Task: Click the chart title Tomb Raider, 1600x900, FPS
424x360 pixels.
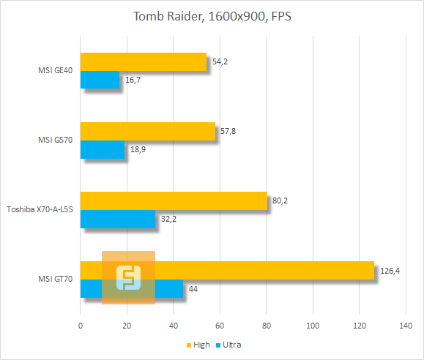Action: pos(212,16)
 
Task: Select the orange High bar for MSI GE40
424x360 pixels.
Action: pos(144,61)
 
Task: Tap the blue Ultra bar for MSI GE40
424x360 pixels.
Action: pos(100,79)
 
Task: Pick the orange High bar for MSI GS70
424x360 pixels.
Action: pos(147,131)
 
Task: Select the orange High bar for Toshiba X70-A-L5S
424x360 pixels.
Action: pos(174,200)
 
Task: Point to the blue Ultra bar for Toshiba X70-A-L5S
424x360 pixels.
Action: pos(118,218)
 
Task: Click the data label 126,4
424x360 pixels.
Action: pos(389,271)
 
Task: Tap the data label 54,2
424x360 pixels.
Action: pos(218,61)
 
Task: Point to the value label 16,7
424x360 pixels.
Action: pos(133,79)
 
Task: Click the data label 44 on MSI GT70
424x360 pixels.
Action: pos(193,288)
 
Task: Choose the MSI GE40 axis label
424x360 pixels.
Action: pos(56,71)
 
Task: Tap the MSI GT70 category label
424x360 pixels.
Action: pos(56,280)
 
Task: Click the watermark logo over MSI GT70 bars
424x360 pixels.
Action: pos(128,277)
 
